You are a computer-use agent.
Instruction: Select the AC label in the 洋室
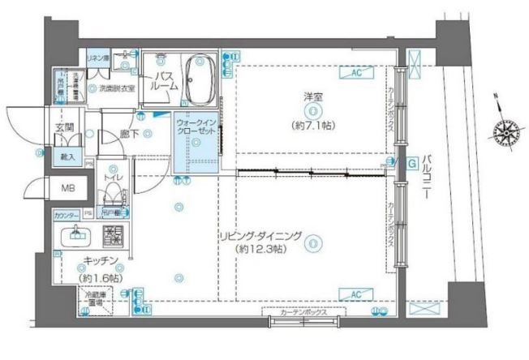tap(355, 73)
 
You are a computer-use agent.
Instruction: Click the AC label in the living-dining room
tap(355, 294)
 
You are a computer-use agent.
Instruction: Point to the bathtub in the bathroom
tap(196, 79)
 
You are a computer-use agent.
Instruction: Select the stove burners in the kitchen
tap(111, 238)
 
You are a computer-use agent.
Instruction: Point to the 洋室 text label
tap(313, 99)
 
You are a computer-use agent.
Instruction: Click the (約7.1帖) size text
tap(313, 125)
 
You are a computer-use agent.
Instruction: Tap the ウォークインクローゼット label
tap(195, 126)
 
